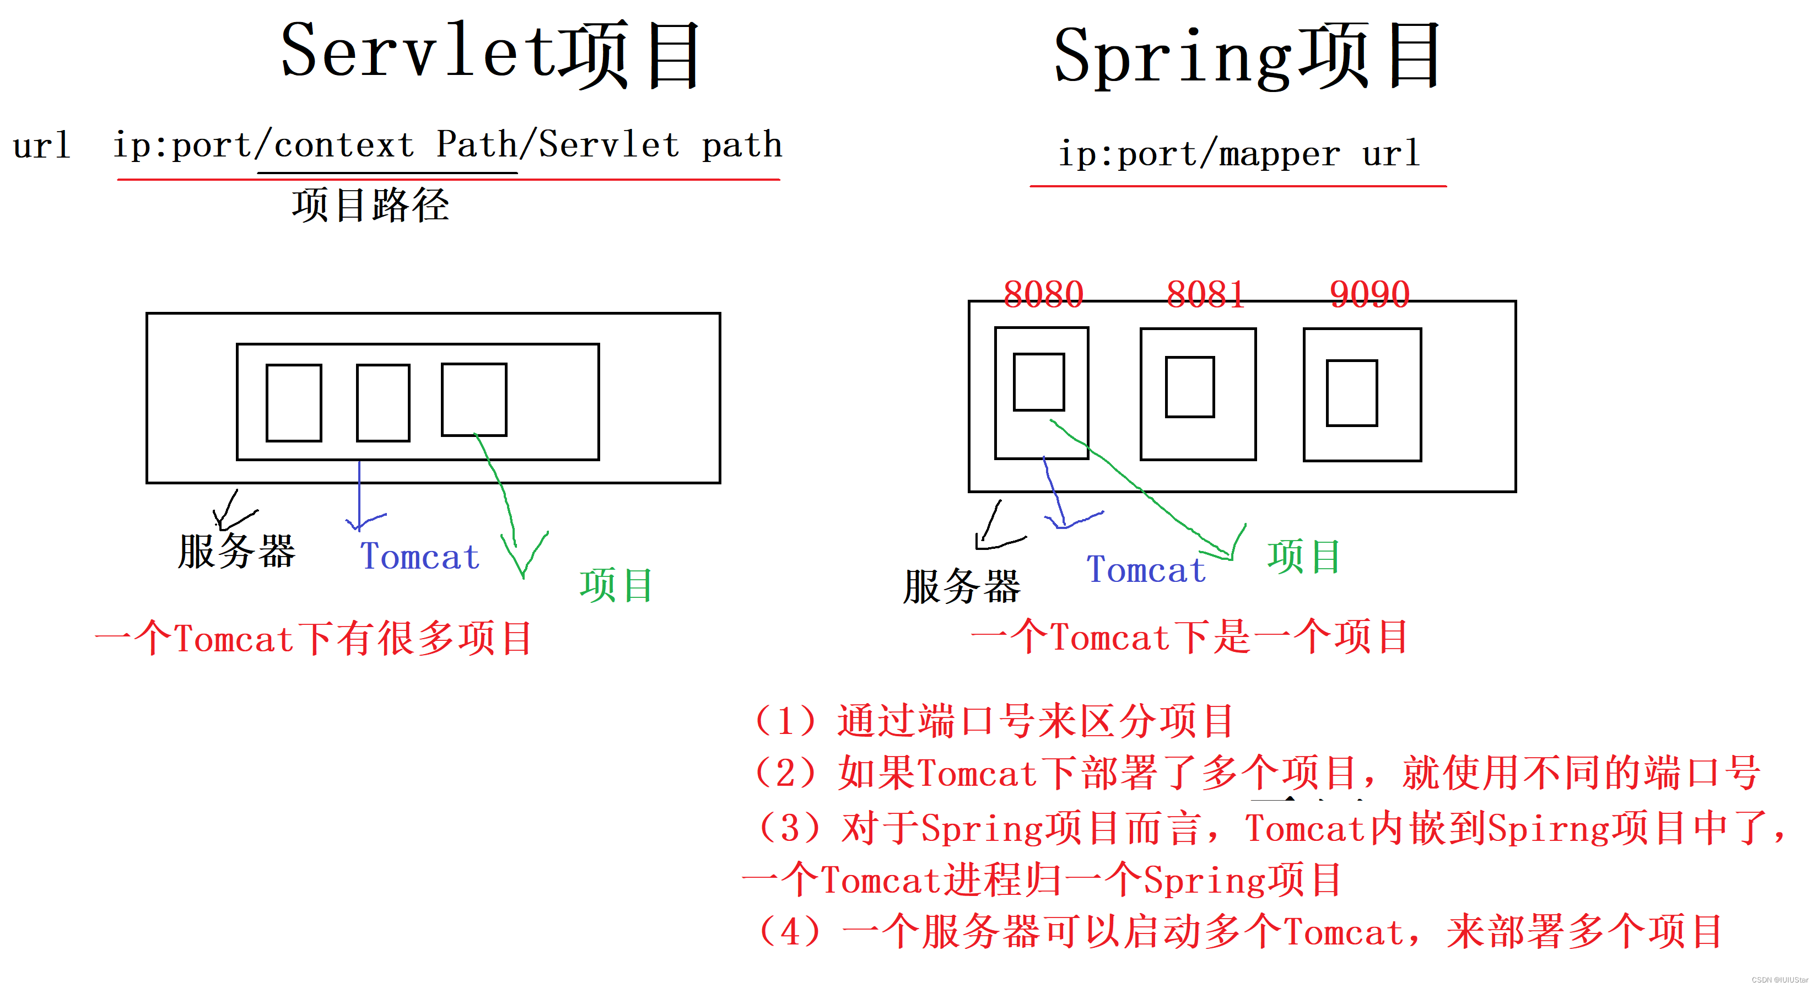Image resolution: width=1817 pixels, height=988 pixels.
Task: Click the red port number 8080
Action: [1043, 294]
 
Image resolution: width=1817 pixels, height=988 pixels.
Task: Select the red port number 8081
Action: [1205, 294]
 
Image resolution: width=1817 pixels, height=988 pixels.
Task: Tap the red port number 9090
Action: [1369, 294]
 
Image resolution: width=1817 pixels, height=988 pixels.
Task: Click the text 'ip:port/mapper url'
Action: [1238, 154]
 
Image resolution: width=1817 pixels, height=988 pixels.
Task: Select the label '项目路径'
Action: [370, 205]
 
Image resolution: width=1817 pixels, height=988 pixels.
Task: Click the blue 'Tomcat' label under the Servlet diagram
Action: [420, 557]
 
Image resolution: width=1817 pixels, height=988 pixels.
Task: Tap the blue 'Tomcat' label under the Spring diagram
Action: [1146, 570]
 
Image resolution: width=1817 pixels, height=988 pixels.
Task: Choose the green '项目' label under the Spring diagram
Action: [1303, 557]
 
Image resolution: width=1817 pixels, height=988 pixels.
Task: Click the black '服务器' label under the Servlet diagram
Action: [236, 551]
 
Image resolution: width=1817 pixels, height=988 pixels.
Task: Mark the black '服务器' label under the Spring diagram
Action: [961, 587]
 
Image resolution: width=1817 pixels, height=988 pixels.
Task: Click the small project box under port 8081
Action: [1189, 387]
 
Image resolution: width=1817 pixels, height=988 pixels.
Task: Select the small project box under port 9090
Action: [1351, 393]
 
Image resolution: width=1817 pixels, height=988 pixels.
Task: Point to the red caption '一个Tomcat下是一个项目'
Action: [1189, 638]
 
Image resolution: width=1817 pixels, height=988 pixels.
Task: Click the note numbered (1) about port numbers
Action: [993, 721]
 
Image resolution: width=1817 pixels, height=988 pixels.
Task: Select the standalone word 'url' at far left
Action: [42, 146]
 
